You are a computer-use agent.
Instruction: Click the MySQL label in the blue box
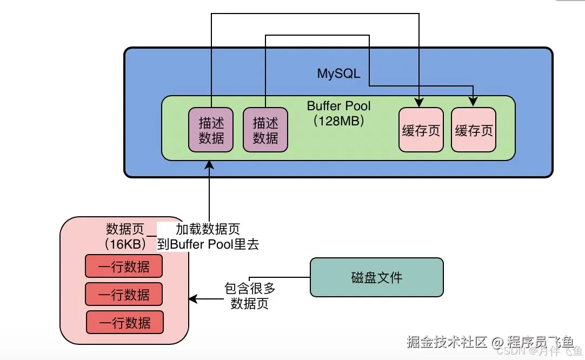pyautogui.click(x=338, y=74)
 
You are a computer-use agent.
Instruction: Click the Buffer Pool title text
pyautogui.click(x=339, y=105)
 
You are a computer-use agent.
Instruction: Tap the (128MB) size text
pyautogui.click(x=339, y=121)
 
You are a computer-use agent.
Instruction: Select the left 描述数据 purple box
pyautogui.click(x=211, y=130)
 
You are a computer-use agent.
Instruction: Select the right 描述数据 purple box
pyautogui.click(x=265, y=130)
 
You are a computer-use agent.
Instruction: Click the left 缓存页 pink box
pyautogui.click(x=421, y=130)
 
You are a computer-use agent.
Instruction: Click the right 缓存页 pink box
pyautogui.click(x=474, y=130)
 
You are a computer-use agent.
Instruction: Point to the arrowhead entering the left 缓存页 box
pyautogui.click(x=421, y=103)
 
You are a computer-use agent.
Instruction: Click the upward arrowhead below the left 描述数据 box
pyautogui.click(x=210, y=165)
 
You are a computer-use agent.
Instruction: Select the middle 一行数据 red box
pyautogui.click(x=124, y=294)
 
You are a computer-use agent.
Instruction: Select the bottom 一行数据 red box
pyautogui.click(x=124, y=322)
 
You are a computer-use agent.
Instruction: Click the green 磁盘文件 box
pyautogui.click(x=376, y=277)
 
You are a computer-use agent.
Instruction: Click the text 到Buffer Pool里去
pyautogui.click(x=208, y=244)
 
